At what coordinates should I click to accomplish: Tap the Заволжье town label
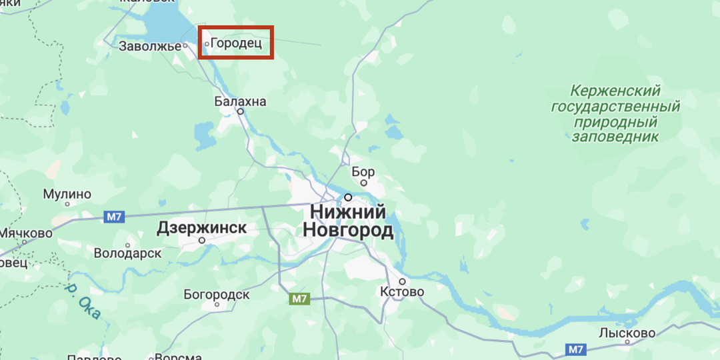click(x=150, y=46)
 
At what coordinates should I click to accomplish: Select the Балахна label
click(x=240, y=101)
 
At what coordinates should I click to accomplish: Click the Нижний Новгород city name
click(x=348, y=221)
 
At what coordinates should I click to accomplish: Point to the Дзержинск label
click(x=201, y=229)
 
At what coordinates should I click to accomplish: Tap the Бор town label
click(x=363, y=171)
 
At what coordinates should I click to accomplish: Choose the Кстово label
click(x=402, y=291)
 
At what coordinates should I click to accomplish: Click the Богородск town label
click(x=217, y=294)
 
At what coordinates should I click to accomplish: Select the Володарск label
click(x=127, y=253)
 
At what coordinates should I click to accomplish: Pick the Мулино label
click(x=67, y=194)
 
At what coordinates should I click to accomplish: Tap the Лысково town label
click(x=627, y=333)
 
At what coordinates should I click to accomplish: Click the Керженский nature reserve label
click(x=615, y=113)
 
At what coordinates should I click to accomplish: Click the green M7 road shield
click(x=299, y=299)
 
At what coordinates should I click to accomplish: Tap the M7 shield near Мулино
click(x=114, y=217)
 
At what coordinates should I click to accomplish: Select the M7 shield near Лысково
click(x=575, y=349)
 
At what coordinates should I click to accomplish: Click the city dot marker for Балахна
click(x=241, y=112)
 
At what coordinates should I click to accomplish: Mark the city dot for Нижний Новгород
click(x=348, y=197)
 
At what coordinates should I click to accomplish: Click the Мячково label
click(x=25, y=233)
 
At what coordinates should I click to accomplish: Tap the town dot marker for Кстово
click(x=401, y=281)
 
